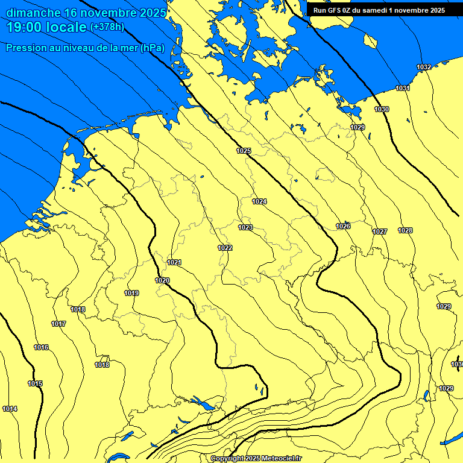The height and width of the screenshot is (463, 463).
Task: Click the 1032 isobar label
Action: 424,67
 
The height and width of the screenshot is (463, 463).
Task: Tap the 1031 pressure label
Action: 403,89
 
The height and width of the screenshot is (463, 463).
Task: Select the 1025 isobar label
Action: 244,151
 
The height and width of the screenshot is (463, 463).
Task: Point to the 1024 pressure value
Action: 259,201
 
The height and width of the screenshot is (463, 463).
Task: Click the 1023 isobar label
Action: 245,227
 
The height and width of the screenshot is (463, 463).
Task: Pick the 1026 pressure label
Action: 343,226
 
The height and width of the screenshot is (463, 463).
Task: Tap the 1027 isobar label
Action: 380,232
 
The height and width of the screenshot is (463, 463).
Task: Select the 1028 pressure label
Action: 405,231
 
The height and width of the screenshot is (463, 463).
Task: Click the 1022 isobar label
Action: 225,248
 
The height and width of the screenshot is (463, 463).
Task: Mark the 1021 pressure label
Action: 175,262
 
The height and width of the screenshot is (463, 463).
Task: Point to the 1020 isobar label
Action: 162,280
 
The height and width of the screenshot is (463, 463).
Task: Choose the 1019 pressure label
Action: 132,294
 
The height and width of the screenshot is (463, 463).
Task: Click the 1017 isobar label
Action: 58,324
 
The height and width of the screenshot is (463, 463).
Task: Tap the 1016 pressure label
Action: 41,348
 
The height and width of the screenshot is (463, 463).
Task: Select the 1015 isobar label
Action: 35,384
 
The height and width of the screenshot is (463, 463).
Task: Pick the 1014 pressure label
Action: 10,409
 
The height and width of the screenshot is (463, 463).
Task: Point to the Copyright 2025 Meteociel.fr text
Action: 256,459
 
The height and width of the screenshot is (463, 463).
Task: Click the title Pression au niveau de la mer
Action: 85,48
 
